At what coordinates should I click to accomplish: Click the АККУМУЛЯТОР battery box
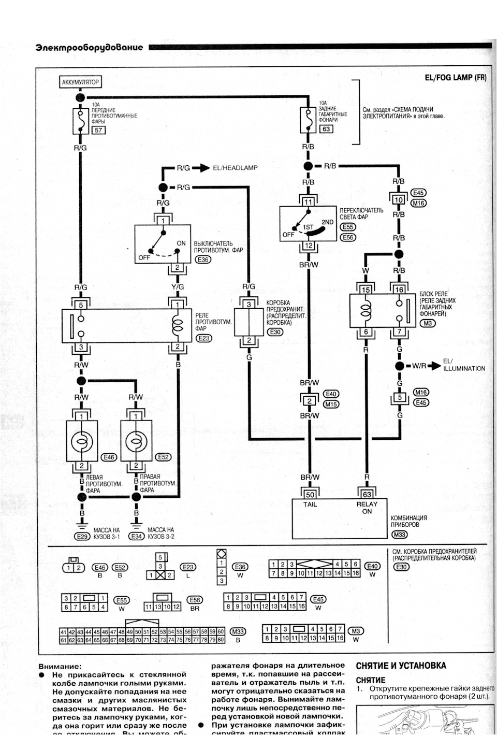(x=80, y=82)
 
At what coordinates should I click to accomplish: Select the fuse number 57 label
(x=98, y=130)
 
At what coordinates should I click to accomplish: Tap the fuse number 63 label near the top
(x=326, y=129)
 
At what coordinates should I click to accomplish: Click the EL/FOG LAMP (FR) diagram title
(x=456, y=78)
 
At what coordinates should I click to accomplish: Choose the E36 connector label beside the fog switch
(x=203, y=260)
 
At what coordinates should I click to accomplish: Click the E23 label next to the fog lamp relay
(x=204, y=338)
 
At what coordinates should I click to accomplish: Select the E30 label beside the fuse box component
(x=275, y=332)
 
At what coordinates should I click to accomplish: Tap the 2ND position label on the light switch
(x=328, y=222)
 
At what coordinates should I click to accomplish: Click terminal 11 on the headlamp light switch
(x=309, y=202)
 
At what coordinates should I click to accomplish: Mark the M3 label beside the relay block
(x=428, y=323)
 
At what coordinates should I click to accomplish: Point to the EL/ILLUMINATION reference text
(x=464, y=365)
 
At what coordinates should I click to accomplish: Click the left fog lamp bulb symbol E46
(x=81, y=442)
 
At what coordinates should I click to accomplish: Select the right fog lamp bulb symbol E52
(x=136, y=442)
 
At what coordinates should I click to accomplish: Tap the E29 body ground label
(x=82, y=537)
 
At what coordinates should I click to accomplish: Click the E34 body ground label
(x=137, y=537)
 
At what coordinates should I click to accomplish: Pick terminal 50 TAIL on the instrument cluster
(x=310, y=495)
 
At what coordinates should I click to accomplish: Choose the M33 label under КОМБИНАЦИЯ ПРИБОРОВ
(x=399, y=535)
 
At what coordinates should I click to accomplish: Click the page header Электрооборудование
(x=89, y=48)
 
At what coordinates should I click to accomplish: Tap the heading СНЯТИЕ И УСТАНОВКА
(x=401, y=666)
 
